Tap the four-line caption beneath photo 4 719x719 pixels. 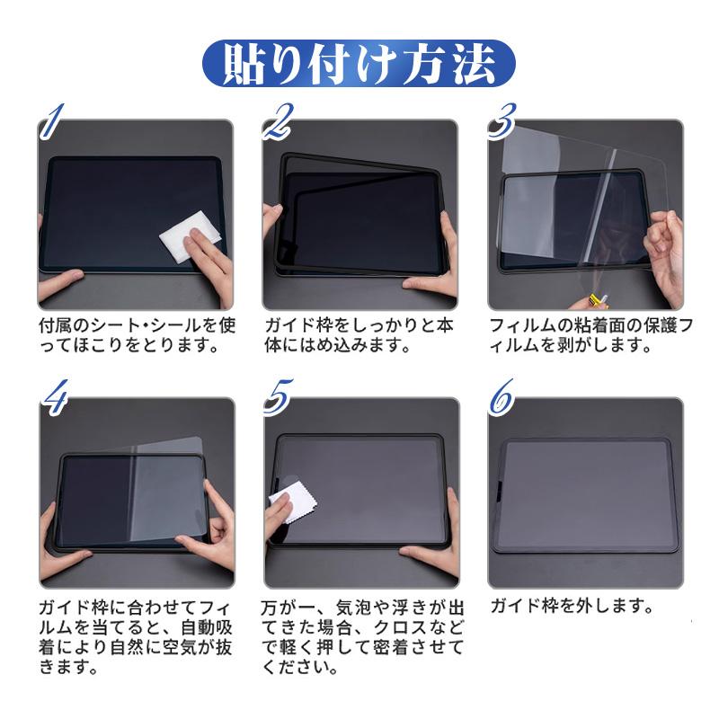click(x=136, y=635)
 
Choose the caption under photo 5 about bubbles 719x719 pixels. click(x=359, y=635)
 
